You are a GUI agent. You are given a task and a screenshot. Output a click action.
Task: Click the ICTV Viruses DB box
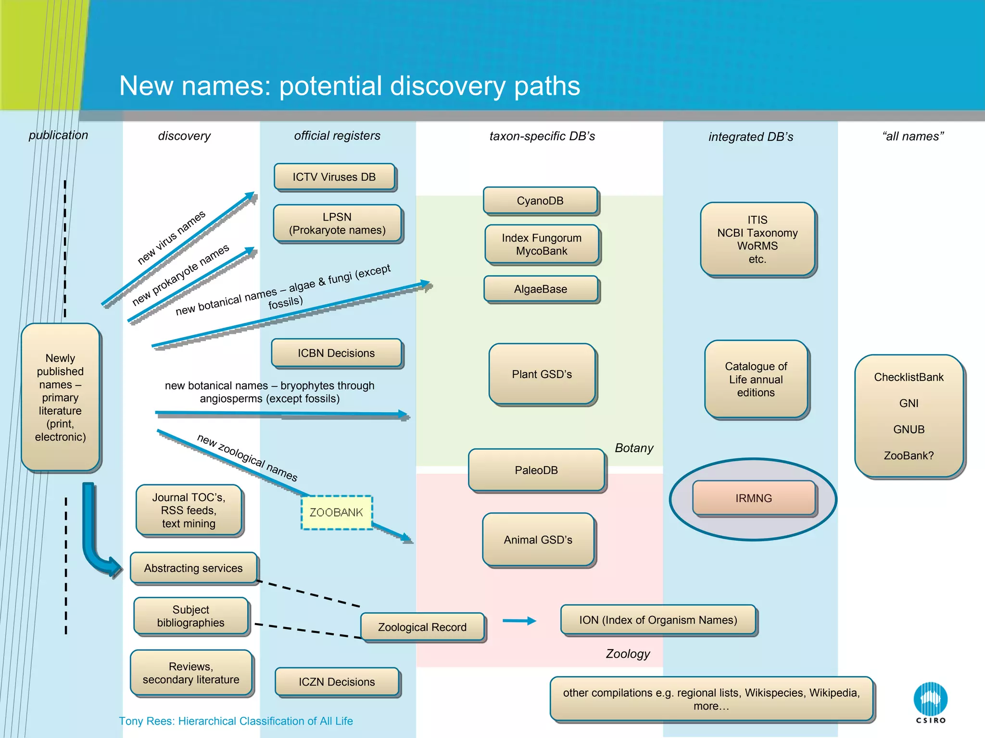[x=334, y=177]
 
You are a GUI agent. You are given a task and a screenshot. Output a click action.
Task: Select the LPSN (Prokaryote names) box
[x=337, y=223]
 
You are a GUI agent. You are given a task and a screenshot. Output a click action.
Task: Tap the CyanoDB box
[x=540, y=200]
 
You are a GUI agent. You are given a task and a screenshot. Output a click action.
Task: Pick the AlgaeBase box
[x=541, y=289]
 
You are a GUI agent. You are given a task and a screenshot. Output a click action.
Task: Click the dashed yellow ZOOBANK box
[x=337, y=513]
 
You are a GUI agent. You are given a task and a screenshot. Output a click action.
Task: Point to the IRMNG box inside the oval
[x=754, y=498]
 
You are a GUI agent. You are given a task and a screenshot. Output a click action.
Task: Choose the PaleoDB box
[x=536, y=470]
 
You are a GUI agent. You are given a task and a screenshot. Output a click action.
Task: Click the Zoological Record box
[x=422, y=627]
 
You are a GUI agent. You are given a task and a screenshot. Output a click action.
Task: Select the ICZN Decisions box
[x=337, y=682]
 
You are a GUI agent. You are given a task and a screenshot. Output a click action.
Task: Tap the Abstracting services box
[x=193, y=568]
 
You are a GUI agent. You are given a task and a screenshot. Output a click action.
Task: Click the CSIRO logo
[x=930, y=702]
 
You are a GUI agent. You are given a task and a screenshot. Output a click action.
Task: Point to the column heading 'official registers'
[x=337, y=135]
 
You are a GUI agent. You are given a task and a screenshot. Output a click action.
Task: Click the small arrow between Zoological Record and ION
[x=519, y=621]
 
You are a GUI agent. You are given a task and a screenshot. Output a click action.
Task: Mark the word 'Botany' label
[x=634, y=448]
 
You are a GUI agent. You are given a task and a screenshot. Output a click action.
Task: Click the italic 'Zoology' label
[x=628, y=653]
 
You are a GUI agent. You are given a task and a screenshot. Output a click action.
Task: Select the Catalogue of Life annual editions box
[x=756, y=379]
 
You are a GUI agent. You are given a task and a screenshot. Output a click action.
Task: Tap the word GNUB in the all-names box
[x=909, y=429]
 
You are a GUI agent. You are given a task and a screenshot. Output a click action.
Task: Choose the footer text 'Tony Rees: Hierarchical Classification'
[x=236, y=721]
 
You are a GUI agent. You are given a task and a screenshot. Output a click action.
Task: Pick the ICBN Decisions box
[x=336, y=353]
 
